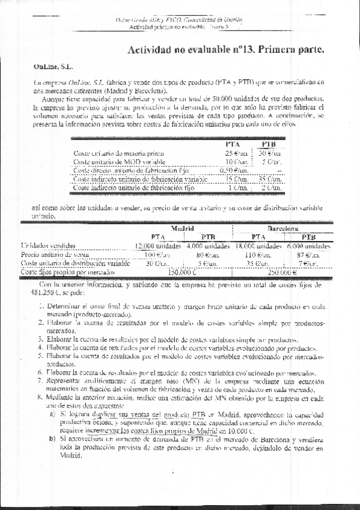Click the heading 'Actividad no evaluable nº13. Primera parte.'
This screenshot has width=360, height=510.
(226, 51)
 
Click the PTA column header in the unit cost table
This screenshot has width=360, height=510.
(233, 144)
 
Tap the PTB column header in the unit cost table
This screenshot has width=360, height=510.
(269, 144)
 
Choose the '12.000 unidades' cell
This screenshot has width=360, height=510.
(157, 246)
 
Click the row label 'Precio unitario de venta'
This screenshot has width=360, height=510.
(50, 254)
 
